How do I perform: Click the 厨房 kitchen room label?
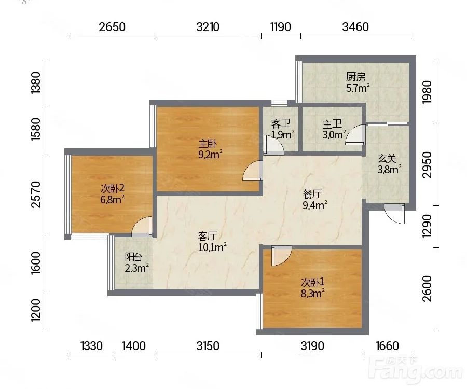click(x=355, y=77)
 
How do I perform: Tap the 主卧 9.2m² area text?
click(x=211, y=149)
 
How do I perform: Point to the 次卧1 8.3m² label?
click(x=312, y=287)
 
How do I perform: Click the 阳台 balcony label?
click(x=133, y=257)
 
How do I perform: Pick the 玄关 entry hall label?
click(x=387, y=158)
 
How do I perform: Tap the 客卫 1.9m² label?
click(x=283, y=129)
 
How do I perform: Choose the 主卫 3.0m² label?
click(x=334, y=129)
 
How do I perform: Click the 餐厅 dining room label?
click(x=312, y=194)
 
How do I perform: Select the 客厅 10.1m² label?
click(x=212, y=242)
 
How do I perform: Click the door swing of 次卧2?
click(x=142, y=227)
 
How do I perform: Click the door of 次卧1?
click(x=281, y=255)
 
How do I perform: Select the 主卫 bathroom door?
click(x=355, y=135)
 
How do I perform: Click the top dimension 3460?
click(x=355, y=27)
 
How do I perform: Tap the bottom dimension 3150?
click(x=208, y=346)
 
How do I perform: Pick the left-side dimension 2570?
click(x=36, y=195)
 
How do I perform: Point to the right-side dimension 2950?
click(x=427, y=164)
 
